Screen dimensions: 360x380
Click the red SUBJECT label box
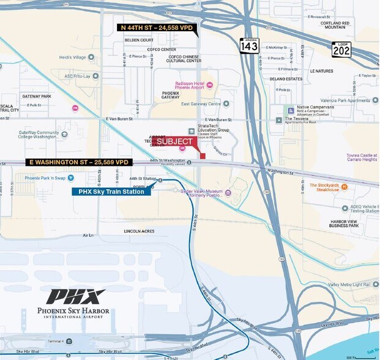point(174,142)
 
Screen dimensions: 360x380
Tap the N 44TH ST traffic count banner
point(158,28)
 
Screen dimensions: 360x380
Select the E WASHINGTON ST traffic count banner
point(79,162)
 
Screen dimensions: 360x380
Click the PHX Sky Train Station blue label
point(111,192)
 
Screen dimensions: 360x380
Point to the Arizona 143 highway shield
point(249,45)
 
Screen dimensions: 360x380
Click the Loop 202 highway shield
point(341,49)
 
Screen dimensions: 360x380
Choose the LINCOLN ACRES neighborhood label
point(141,231)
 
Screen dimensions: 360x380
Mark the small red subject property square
point(203,156)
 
